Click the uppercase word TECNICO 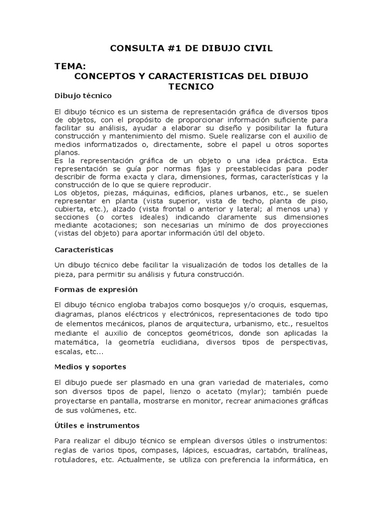191,87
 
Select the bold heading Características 84,249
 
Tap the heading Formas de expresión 96,289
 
